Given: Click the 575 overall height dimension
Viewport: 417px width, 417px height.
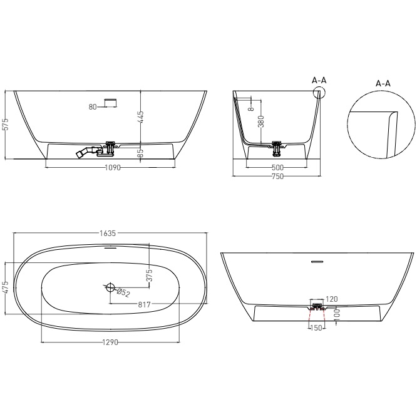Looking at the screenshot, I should pyautogui.click(x=6, y=125).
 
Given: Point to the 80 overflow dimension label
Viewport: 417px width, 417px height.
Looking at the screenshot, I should pyautogui.click(x=92, y=107).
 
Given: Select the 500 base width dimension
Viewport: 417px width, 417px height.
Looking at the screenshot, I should pyautogui.click(x=277, y=168).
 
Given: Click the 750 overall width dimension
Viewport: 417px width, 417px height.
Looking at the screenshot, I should pyautogui.click(x=277, y=176).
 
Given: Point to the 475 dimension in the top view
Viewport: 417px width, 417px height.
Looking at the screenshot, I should pyautogui.click(x=6, y=287).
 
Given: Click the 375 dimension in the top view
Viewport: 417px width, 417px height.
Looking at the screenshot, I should pyautogui.click(x=150, y=276).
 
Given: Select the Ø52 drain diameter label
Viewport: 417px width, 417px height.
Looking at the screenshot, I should pyautogui.click(x=123, y=293).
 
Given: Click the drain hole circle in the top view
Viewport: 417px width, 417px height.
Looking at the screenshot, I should pyautogui.click(x=110, y=288).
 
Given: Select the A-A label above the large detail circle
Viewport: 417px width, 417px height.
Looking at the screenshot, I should pyautogui.click(x=383, y=83).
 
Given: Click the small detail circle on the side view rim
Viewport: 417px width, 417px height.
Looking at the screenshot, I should pyautogui.click(x=319, y=93).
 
